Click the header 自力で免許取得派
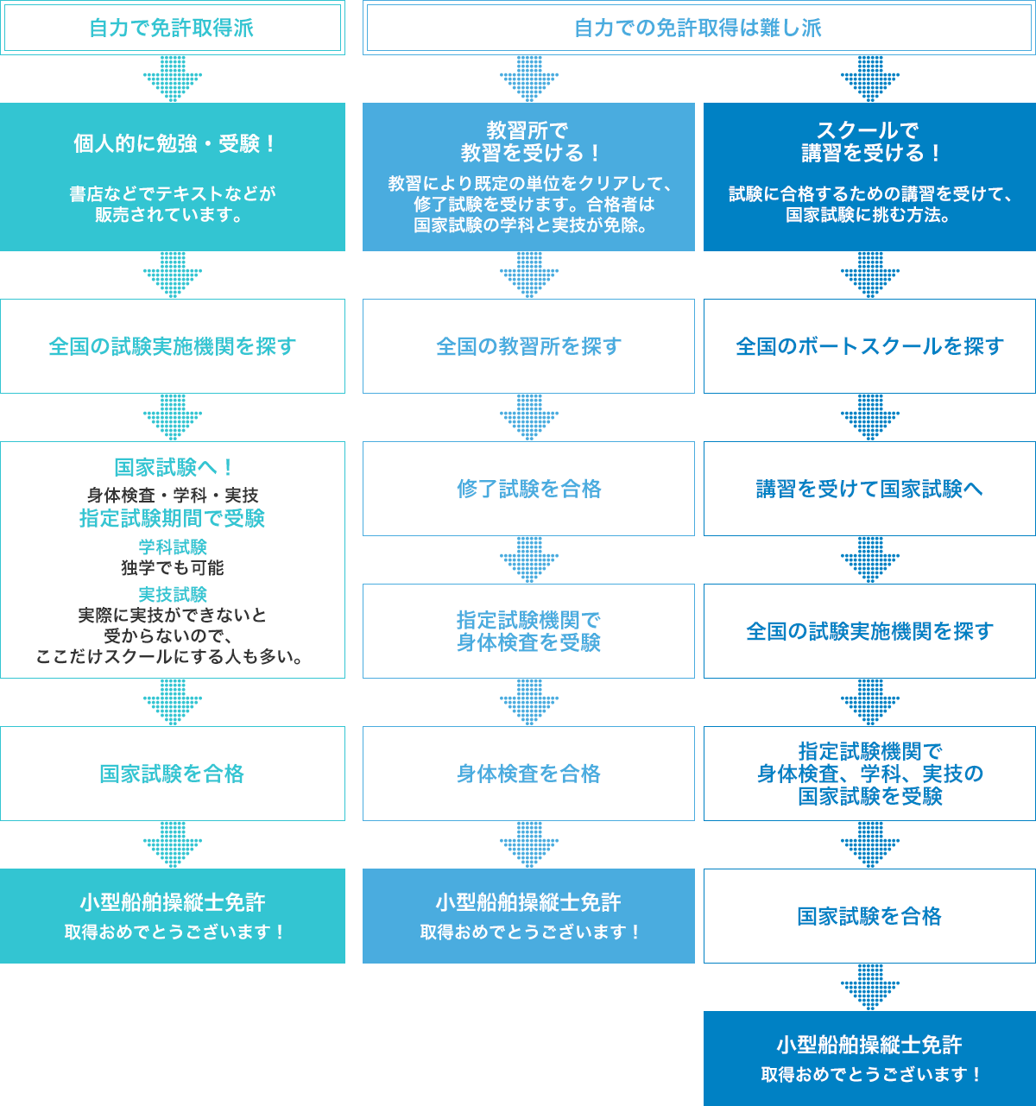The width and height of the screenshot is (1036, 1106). tap(172, 28)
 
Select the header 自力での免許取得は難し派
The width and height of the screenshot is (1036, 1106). tap(698, 28)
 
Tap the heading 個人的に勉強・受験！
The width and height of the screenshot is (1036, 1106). tap(173, 143)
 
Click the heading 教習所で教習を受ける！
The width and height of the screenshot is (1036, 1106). tap(528, 142)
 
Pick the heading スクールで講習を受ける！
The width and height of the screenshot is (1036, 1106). tap(869, 142)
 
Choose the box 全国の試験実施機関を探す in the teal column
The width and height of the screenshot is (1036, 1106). tap(173, 346)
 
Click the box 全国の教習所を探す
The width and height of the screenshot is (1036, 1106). tap(528, 346)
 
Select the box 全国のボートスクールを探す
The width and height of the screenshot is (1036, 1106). tap(869, 346)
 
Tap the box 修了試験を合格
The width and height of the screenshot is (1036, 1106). tap(528, 489)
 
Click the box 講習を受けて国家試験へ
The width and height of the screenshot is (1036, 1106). tap(869, 489)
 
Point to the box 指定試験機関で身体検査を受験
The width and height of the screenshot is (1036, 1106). tap(528, 631)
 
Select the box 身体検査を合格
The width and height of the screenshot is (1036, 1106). tap(528, 774)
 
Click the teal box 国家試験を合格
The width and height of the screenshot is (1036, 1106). tap(173, 774)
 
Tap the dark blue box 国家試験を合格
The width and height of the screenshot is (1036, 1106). tap(869, 916)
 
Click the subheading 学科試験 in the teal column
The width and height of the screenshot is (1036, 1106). tap(173, 547)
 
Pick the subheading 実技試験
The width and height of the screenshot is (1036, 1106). tap(173, 594)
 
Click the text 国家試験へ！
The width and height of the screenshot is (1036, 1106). tap(173, 467)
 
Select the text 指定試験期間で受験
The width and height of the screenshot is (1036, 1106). tap(173, 518)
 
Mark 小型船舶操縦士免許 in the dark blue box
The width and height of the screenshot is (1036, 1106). tap(869, 1045)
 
